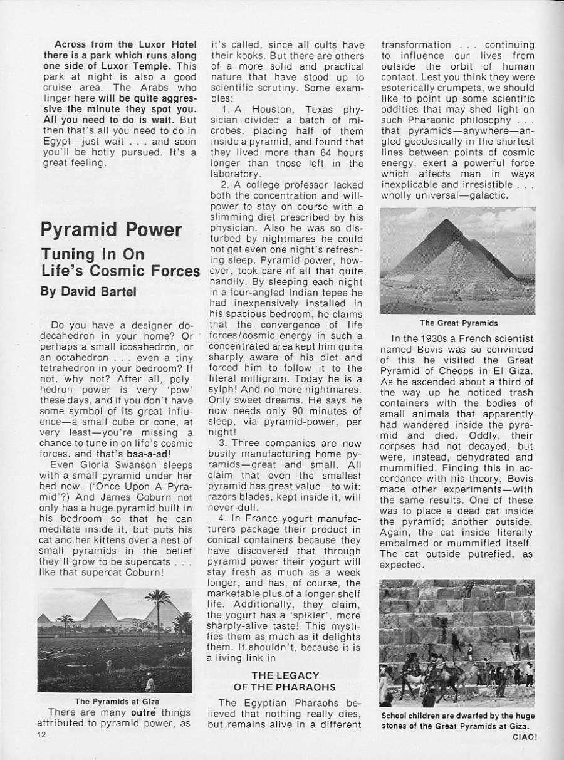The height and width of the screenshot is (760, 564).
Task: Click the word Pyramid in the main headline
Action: (x=77, y=229)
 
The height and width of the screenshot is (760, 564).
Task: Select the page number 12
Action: (x=41, y=734)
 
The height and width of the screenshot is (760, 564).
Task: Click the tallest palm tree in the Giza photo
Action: (x=157, y=605)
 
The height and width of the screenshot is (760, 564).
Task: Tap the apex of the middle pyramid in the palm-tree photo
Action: (x=100, y=600)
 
